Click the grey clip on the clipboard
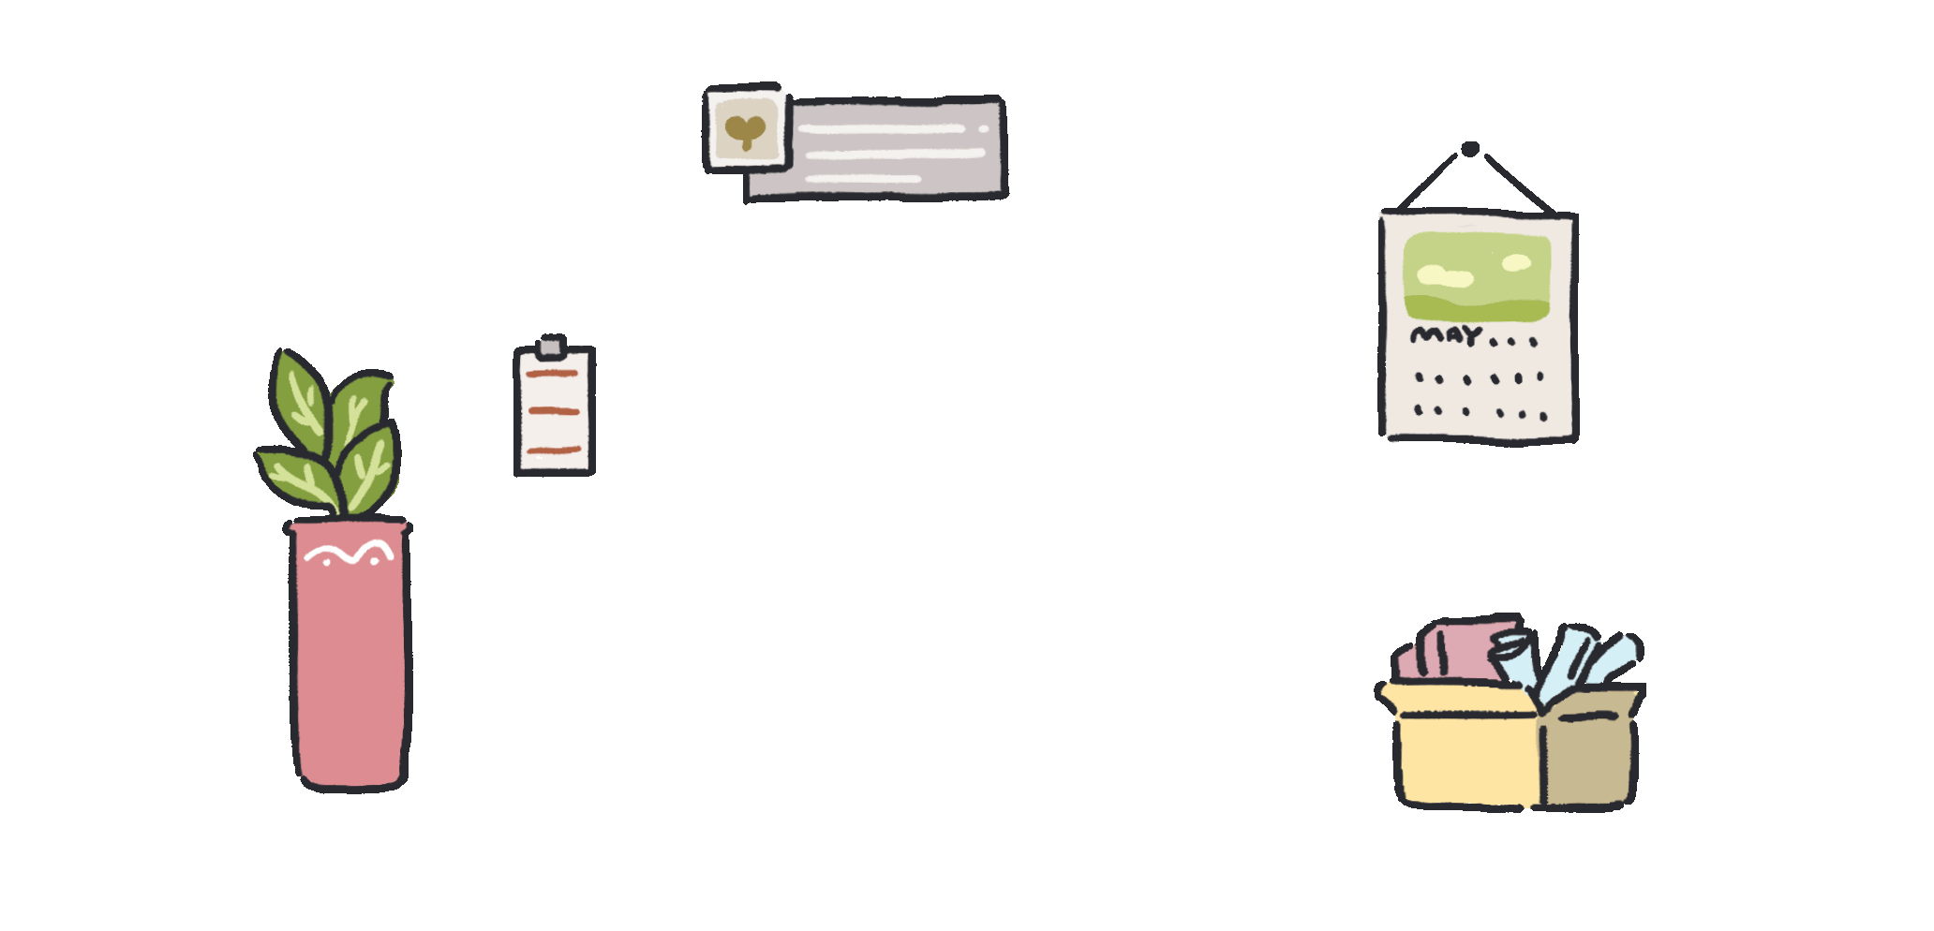pyautogui.click(x=551, y=347)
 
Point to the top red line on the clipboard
pyautogui.click(x=553, y=374)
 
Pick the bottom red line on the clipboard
pyautogui.click(x=553, y=451)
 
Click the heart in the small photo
pyautogui.click(x=746, y=130)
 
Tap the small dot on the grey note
pyautogui.click(x=983, y=128)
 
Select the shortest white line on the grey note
pyautogui.click(x=862, y=178)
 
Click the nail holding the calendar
pyautogui.click(x=1470, y=149)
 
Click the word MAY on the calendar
pyautogui.click(x=1446, y=334)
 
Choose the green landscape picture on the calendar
pyautogui.click(x=1477, y=276)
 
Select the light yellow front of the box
pyautogui.click(x=1466, y=759)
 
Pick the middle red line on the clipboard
pyautogui.click(x=554, y=411)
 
